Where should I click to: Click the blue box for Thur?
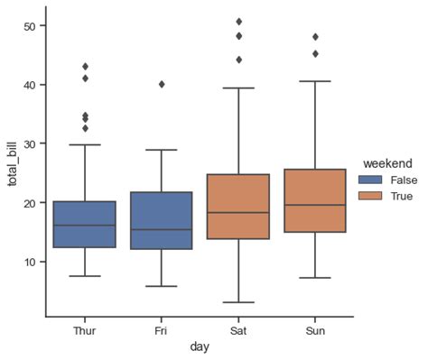click(85, 224)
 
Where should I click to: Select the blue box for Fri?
click(162, 220)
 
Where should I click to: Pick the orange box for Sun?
click(315, 200)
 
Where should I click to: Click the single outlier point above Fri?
click(162, 84)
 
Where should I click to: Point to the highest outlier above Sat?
click(238, 21)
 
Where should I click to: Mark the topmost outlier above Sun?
click(315, 37)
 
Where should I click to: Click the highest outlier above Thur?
click(85, 66)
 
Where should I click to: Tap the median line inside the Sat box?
click(238, 212)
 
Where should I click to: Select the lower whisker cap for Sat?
click(238, 302)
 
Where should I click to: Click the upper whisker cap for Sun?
click(315, 81)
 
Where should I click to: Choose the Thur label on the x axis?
click(85, 330)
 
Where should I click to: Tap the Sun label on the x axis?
click(315, 330)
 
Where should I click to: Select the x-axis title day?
click(200, 347)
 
